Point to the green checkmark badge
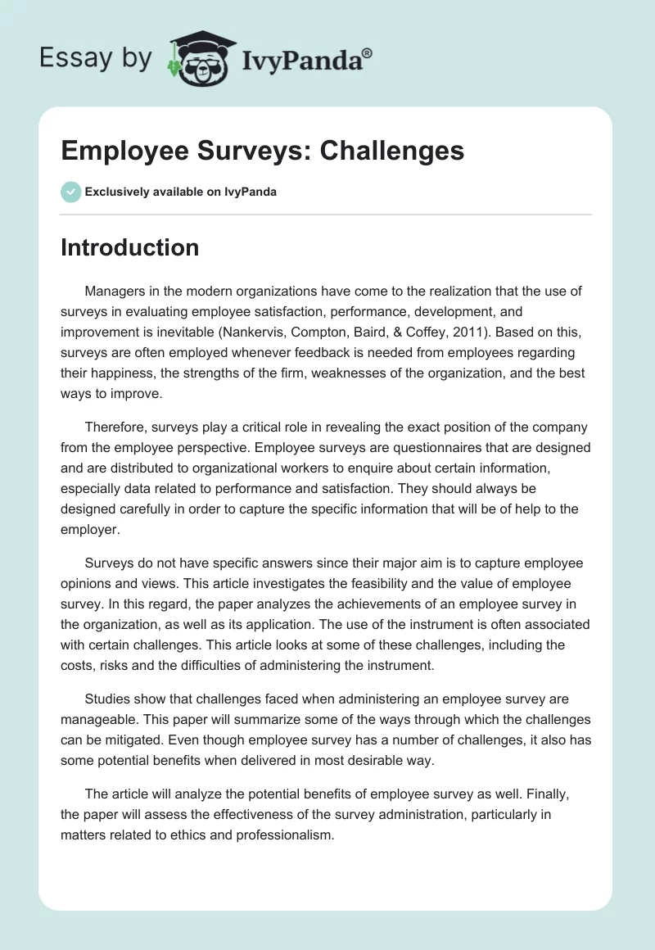click(71, 192)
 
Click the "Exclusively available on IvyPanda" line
click(180, 192)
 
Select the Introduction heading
click(129, 247)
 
